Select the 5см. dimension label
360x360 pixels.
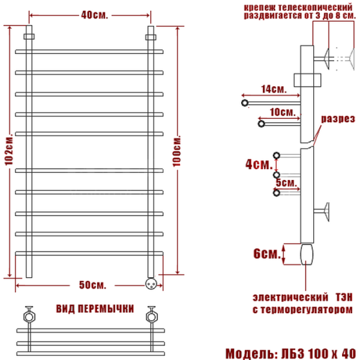point(287,182)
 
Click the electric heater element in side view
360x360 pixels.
point(307,253)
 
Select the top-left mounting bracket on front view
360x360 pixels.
point(28,37)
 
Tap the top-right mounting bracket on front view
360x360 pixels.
point(151,37)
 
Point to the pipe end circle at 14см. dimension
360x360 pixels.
point(245,103)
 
